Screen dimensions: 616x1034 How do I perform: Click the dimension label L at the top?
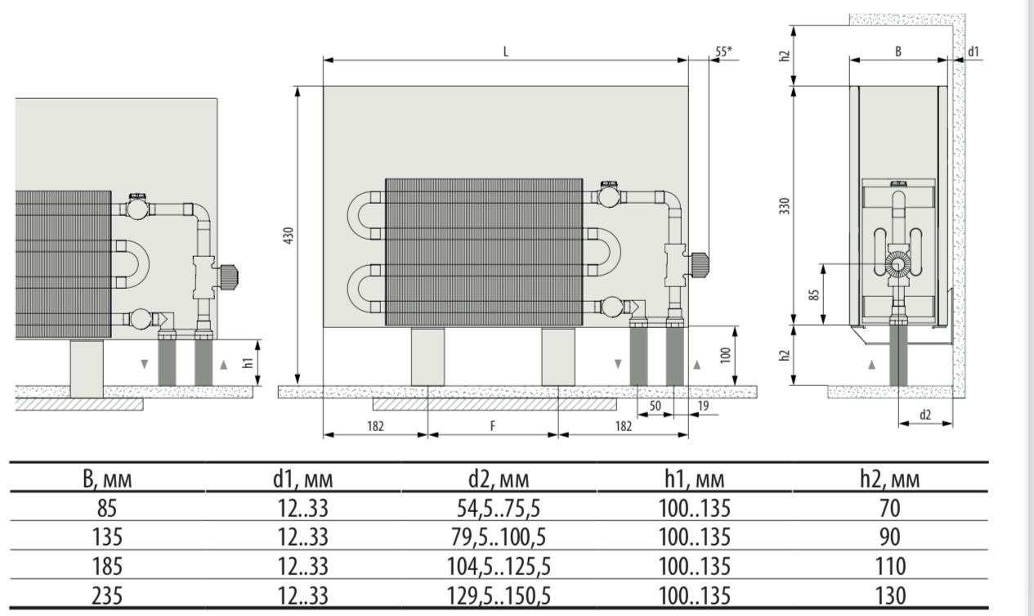coord(505,51)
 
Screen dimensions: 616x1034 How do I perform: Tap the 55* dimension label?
coord(723,51)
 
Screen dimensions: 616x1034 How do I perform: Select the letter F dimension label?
coord(492,425)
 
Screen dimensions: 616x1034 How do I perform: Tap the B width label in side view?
coord(897,51)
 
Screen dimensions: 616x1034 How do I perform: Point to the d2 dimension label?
coord(924,415)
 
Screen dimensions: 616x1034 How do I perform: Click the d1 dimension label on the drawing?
coord(974,51)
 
